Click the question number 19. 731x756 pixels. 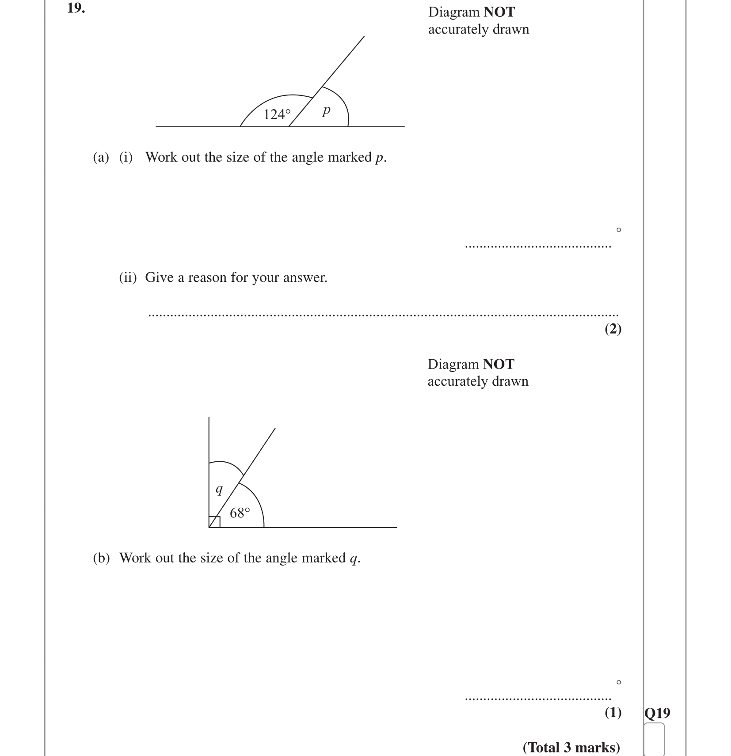[76, 8]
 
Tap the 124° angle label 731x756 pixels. [277, 115]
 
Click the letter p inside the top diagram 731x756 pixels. [326, 110]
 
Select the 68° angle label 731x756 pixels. [240, 513]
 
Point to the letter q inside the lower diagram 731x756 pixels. [219, 490]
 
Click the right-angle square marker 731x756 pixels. [214, 522]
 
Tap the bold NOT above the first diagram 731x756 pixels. [499, 12]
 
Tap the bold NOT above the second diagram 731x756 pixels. [499, 364]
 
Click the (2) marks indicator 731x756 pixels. [613, 329]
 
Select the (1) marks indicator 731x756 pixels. [613, 712]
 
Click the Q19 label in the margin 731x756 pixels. [657, 713]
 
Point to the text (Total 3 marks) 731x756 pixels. [571, 747]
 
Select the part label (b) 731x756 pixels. [101, 558]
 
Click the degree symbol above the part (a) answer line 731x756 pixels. [618, 230]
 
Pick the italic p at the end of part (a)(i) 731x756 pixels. [379, 158]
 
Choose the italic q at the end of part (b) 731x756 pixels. [353, 559]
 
